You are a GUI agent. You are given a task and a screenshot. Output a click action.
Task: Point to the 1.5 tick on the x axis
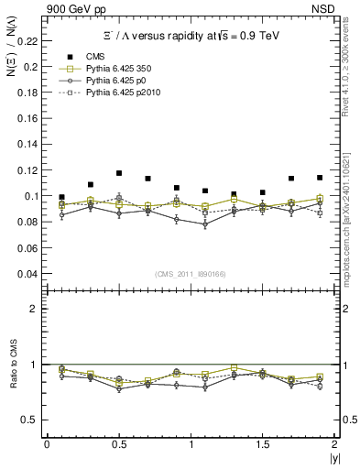[262, 444]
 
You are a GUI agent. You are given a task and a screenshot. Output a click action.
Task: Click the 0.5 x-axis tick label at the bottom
[118, 444]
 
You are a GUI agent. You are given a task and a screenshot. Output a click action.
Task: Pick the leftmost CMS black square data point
[61, 197]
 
